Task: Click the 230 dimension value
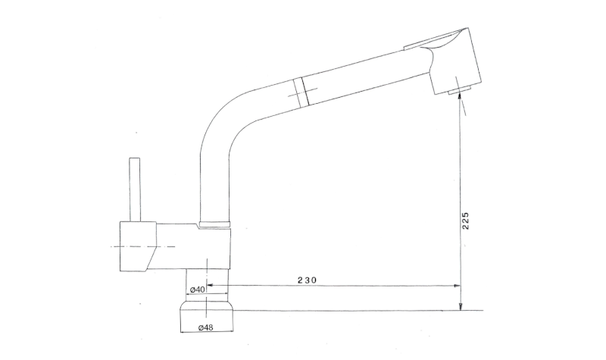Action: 307,280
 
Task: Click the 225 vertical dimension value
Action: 465,221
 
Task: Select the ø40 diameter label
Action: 198,290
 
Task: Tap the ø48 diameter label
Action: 205,327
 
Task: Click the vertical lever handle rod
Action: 135,189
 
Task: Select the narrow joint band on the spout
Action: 301,90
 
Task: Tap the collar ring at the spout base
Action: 214,224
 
